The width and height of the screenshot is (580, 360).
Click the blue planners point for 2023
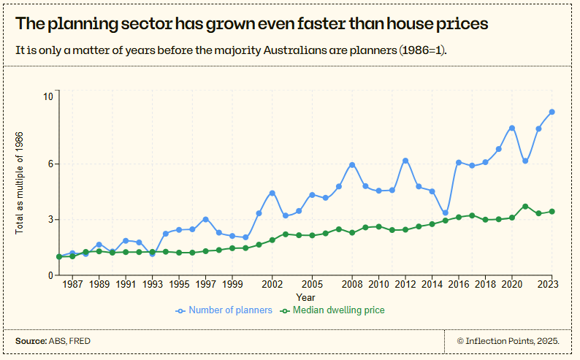[552, 112]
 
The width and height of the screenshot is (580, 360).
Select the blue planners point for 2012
[405, 161]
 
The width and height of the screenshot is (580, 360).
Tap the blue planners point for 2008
[352, 164]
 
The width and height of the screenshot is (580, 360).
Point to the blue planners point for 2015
[446, 212]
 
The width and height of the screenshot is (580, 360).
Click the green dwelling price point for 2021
[525, 207]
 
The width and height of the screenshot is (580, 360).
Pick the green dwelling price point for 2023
[552, 212]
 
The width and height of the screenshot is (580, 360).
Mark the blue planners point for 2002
[272, 193]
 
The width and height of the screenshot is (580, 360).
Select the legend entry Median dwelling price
[338, 310]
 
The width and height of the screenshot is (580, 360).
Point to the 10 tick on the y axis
[48, 96]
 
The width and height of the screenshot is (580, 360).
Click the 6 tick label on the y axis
[50, 164]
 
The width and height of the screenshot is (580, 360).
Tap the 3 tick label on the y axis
[50, 220]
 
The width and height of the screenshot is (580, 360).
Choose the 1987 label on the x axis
[72, 284]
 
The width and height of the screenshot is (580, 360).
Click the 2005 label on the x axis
[312, 284]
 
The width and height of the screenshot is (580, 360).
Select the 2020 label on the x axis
[512, 284]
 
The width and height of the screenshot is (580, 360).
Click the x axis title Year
[305, 297]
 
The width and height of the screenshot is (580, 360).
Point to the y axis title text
[20, 183]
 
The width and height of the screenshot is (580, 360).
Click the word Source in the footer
[30, 341]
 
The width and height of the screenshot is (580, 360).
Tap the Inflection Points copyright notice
[508, 341]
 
